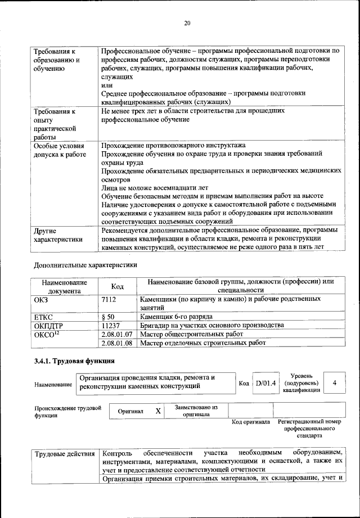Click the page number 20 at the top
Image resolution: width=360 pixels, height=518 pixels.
tap(188, 22)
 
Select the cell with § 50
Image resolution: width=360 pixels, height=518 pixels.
tap(107, 317)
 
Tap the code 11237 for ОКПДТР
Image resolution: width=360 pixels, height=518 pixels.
tap(111, 325)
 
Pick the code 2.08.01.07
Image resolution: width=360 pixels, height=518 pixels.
tap(117, 334)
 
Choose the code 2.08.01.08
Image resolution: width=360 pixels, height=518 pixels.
tap(117, 342)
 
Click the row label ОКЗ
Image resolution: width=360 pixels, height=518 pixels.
tap(41, 299)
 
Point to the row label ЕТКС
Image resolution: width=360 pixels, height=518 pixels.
tap(44, 317)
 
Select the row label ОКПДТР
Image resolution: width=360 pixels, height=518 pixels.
tap(48, 325)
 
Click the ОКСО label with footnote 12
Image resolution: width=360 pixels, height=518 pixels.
tap(47, 334)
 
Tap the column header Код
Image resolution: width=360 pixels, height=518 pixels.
tap(118, 286)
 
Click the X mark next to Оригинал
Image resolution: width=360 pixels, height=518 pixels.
tap(159, 411)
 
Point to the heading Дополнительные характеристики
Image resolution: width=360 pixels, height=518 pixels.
tap(85, 264)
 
